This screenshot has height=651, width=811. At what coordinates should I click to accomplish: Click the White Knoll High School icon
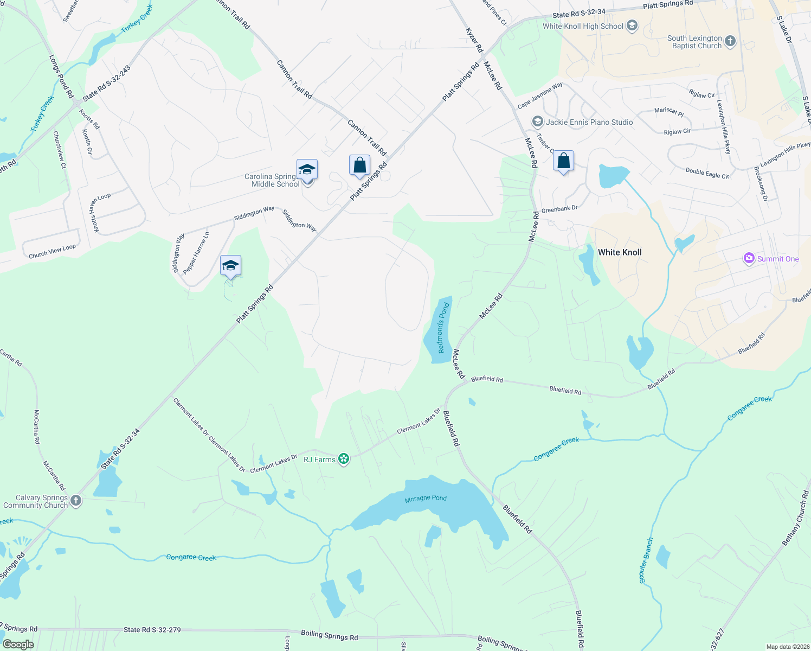coord(632,25)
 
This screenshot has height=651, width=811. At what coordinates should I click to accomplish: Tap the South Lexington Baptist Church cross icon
coord(730,42)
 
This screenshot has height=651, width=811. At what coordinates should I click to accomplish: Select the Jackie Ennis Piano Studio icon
coord(537,122)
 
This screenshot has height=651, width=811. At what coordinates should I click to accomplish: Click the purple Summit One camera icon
coord(749,259)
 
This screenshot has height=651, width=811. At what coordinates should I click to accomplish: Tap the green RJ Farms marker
coord(343,459)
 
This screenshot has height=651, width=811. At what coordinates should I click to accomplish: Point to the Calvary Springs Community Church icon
coord(76,501)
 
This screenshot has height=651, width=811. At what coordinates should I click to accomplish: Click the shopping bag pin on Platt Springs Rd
coord(359,165)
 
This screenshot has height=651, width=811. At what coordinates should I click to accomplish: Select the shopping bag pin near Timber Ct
coord(563,161)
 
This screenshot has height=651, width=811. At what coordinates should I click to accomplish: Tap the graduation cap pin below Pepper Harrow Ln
coord(230,266)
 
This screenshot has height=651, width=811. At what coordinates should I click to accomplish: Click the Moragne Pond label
coord(426,498)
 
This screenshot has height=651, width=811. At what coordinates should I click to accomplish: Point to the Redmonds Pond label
coord(443,328)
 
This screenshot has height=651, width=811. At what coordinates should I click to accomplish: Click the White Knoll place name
coord(620,252)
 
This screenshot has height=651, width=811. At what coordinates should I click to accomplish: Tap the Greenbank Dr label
coord(559,208)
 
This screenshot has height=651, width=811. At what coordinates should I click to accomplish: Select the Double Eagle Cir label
coord(707,173)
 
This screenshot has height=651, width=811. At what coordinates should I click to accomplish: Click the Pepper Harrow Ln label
coord(196,253)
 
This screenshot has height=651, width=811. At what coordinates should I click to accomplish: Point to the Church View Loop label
coord(52,251)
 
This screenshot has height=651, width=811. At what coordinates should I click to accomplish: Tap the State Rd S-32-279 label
coord(152,630)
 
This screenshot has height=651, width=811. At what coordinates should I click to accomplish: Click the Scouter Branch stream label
coord(646,560)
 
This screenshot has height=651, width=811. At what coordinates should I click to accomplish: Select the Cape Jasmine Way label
coord(540,95)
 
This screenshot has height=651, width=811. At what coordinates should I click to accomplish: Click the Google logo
coord(18,644)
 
